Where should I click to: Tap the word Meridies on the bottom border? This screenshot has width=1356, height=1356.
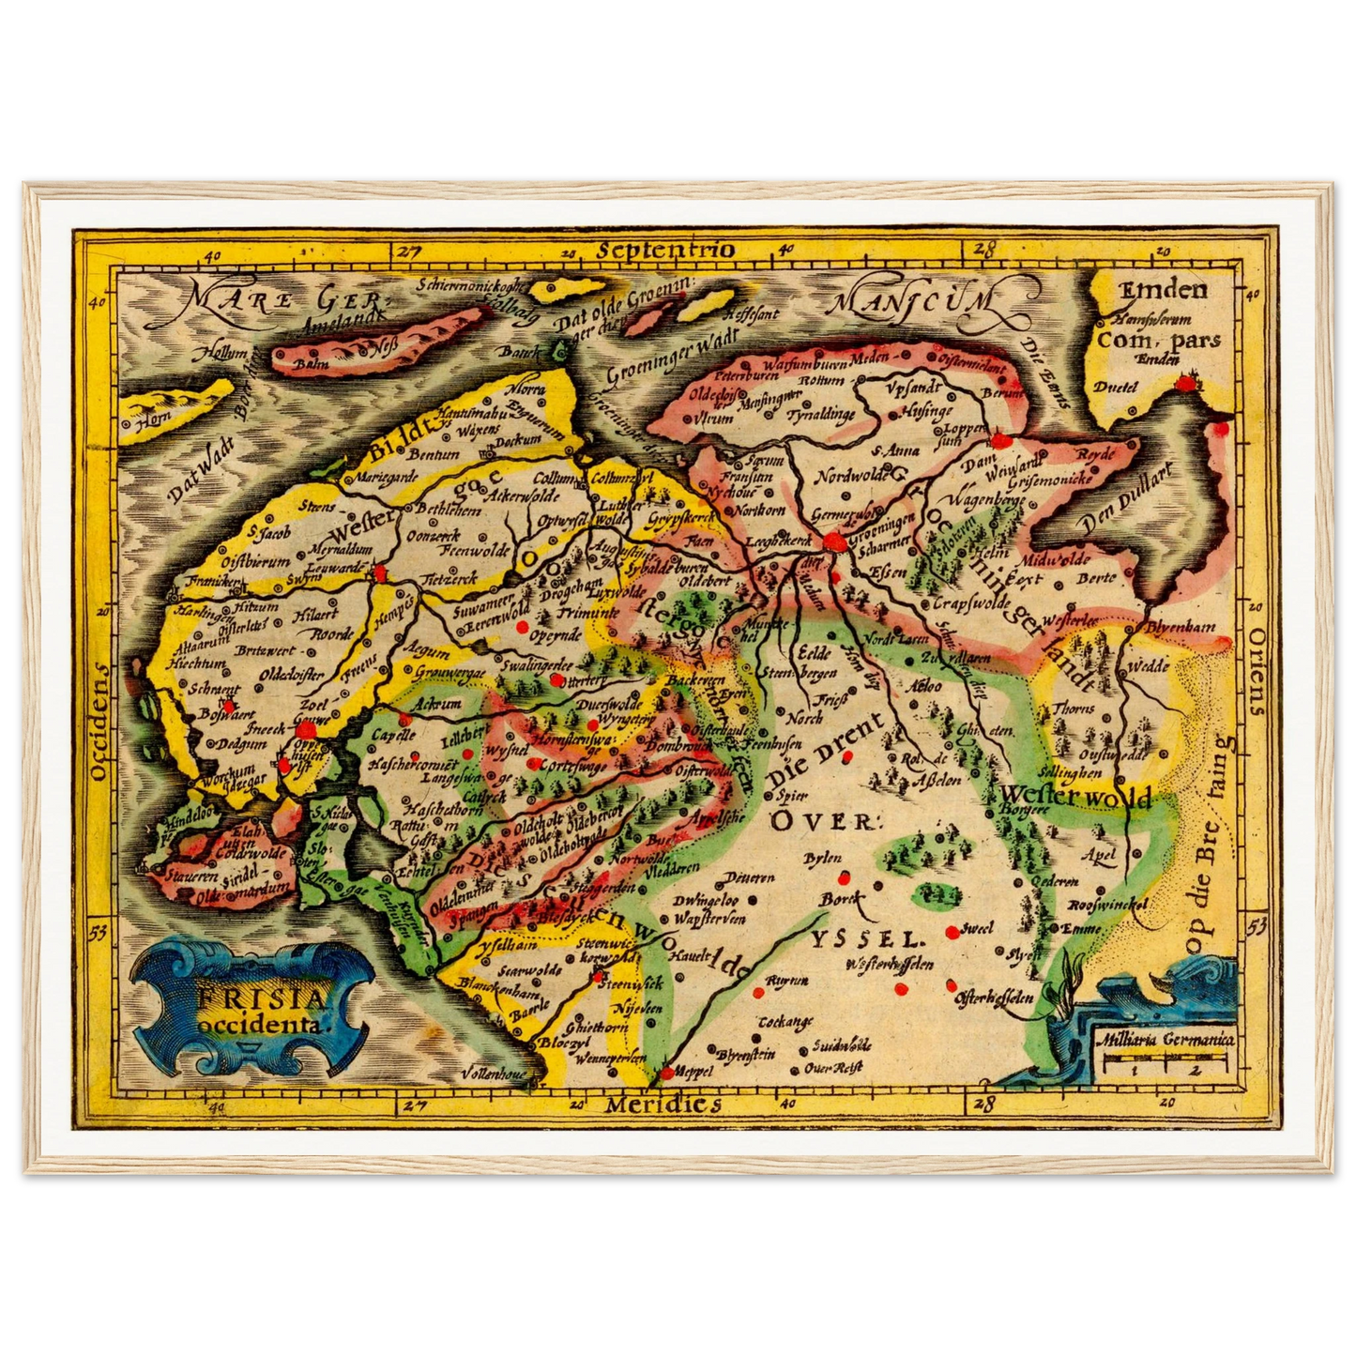663,1104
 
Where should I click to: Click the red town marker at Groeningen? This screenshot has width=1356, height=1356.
832,541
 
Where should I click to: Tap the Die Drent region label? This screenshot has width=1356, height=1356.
825,752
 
